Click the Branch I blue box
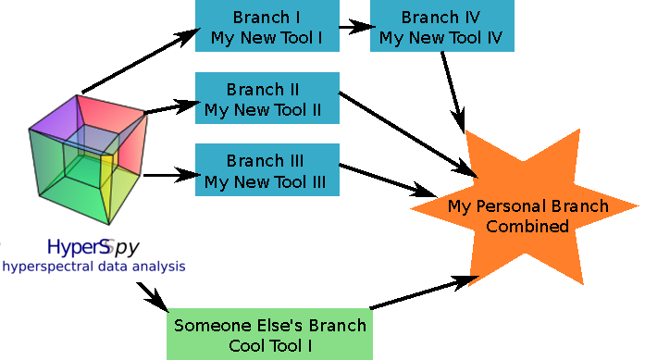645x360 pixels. (x=267, y=26)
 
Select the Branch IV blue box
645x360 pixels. (x=441, y=26)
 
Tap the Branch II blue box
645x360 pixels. (x=267, y=100)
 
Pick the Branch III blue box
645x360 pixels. (x=267, y=170)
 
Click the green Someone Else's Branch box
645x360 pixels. (x=270, y=335)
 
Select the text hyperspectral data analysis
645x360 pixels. (x=93, y=267)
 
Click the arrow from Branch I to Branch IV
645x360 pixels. (x=354, y=26)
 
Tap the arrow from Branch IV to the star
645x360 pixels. (x=453, y=88)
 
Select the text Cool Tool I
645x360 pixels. (x=270, y=345)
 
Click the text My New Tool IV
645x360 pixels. (x=441, y=38)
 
